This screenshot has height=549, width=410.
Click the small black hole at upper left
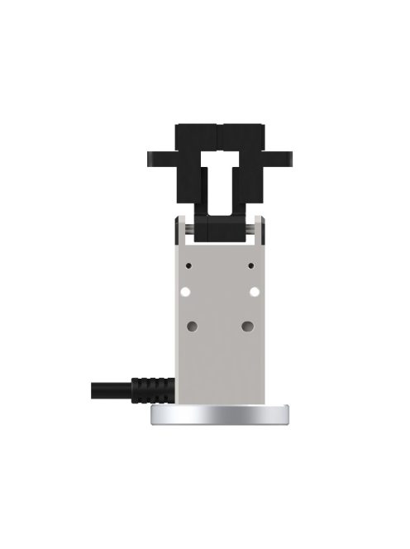point(190,266)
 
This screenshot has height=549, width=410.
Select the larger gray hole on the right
point(247,327)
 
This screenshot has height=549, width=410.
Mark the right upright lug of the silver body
point(259,227)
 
